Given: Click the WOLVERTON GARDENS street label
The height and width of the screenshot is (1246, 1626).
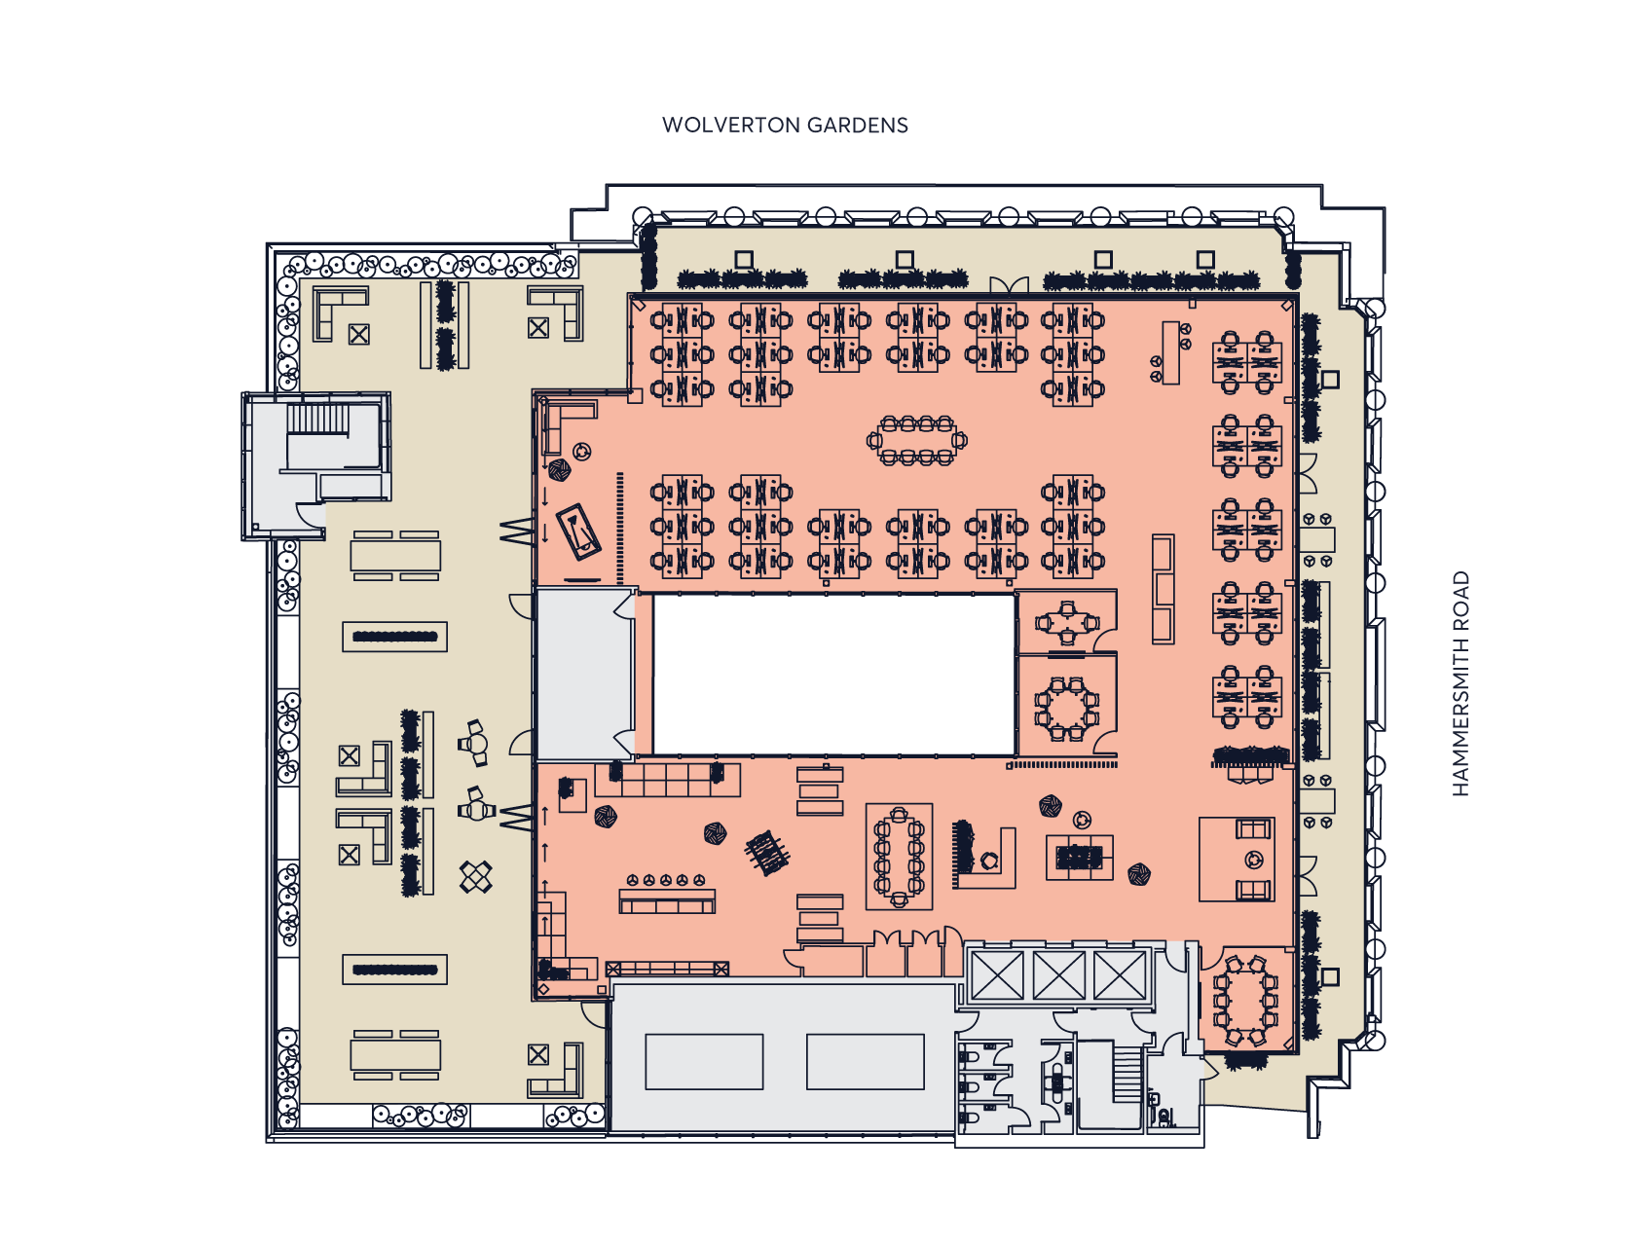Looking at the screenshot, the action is pyautogui.click(x=785, y=125).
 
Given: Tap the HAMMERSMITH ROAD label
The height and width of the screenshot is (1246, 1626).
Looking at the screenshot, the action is pyautogui.click(x=1460, y=683).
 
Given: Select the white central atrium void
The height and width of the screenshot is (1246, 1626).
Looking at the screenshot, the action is pyautogui.click(x=834, y=674).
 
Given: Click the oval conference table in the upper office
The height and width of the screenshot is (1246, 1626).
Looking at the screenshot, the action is pyautogui.click(x=916, y=441).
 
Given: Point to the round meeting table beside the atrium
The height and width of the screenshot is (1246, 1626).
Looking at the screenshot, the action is pyautogui.click(x=1067, y=706).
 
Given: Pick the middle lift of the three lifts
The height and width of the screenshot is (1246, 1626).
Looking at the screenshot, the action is pyautogui.click(x=1058, y=975).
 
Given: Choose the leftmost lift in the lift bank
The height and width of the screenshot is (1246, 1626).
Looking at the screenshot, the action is pyautogui.click(x=998, y=975).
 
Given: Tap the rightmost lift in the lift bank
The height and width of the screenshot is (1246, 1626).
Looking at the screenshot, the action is pyautogui.click(x=1120, y=975).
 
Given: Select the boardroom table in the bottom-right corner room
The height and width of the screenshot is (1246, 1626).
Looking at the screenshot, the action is pyautogui.click(x=1245, y=999).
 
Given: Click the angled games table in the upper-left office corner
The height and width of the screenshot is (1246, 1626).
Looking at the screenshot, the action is pyautogui.click(x=578, y=532).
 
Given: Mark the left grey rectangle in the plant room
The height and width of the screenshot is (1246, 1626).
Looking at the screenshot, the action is pyautogui.click(x=704, y=1061).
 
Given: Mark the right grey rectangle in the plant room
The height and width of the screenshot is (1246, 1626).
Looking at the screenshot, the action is pyautogui.click(x=865, y=1061).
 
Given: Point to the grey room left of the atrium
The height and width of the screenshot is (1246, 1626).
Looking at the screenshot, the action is pyautogui.click(x=585, y=674).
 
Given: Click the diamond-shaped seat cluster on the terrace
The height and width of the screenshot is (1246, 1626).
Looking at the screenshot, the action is pyautogui.click(x=476, y=877).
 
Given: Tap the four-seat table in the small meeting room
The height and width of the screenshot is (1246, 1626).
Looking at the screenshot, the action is pyautogui.click(x=1068, y=623).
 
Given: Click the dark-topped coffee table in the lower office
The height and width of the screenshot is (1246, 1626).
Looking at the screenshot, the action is pyautogui.click(x=1079, y=857).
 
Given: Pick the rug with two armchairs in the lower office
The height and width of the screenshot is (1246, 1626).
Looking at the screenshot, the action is pyautogui.click(x=1237, y=860).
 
